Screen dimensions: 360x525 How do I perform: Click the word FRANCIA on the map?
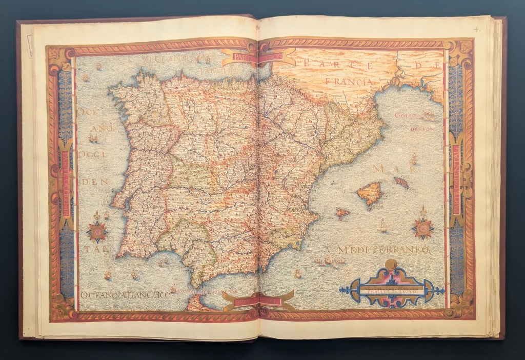(x=347, y=82)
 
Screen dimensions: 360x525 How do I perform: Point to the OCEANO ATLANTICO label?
(x=126, y=295)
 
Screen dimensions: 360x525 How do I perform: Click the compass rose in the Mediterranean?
(x=423, y=227)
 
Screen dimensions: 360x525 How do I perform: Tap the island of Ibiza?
(x=342, y=212)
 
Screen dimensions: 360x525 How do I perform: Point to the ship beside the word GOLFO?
(x=428, y=117)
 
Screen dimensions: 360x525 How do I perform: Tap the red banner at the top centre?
(x=259, y=57)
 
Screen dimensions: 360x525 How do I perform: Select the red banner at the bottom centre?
(x=259, y=301)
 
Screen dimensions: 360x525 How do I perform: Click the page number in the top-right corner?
(x=476, y=29)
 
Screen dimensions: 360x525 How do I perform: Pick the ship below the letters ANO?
(x=93, y=138)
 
